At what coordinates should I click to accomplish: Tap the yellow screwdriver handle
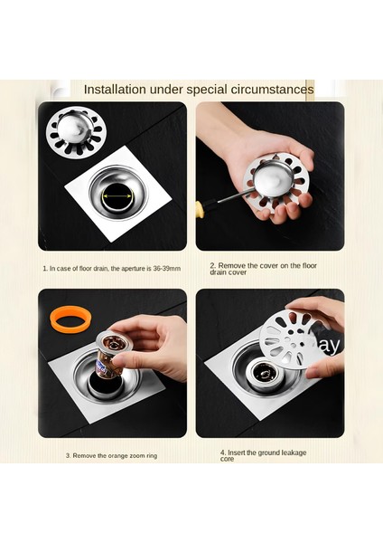(200, 208)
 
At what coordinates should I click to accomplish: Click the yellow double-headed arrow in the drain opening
(117, 196)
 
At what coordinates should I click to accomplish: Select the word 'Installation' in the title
(115, 90)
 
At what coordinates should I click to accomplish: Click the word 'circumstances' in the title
(273, 90)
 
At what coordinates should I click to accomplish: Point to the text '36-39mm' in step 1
(166, 269)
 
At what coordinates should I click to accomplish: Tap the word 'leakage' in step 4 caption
(294, 452)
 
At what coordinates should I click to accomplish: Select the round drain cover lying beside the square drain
(77, 132)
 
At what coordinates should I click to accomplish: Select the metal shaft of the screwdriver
(226, 198)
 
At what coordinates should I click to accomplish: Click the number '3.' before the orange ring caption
(69, 456)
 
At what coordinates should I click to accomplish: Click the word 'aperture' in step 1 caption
(133, 269)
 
